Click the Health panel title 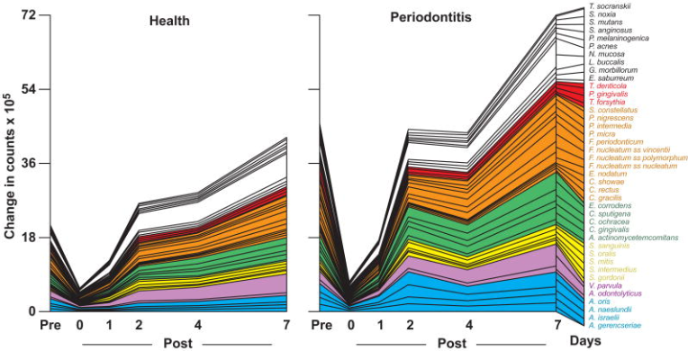click(x=176, y=19)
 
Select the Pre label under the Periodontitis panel click(x=321, y=325)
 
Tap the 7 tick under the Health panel click(x=285, y=325)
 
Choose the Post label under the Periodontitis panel click(x=451, y=344)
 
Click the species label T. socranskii click(x=610, y=6)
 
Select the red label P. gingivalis click(x=609, y=94)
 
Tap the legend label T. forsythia click(x=607, y=102)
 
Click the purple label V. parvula click(x=606, y=285)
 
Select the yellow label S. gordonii click(x=608, y=277)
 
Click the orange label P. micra click(x=602, y=133)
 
